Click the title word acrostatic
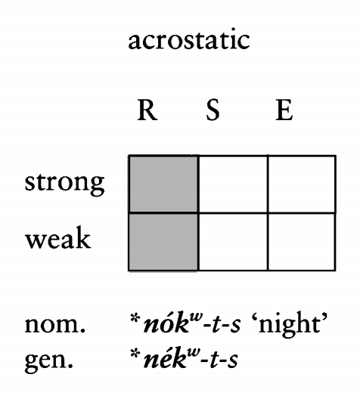[x=189, y=40]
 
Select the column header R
[x=147, y=110]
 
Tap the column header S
[x=213, y=110]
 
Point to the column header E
[x=284, y=110]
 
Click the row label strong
[x=64, y=184]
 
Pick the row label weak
[x=58, y=238]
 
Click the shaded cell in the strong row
[x=163, y=184]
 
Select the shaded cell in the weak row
[x=163, y=242]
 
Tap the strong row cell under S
[x=233, y=184]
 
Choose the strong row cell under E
[x=302, y=184]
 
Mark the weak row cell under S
[x=233, y=242]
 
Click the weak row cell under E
[x=302, y=242]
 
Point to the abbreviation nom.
[x=55, y=324]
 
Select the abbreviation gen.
[x=48, y=361]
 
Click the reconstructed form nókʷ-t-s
[x=191, y=323]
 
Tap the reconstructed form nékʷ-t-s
[x=191, y=357]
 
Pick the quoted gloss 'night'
[x=290, y=323]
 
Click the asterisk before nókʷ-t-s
[x=135, y=319]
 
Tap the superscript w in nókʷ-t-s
[x=196, y=316]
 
